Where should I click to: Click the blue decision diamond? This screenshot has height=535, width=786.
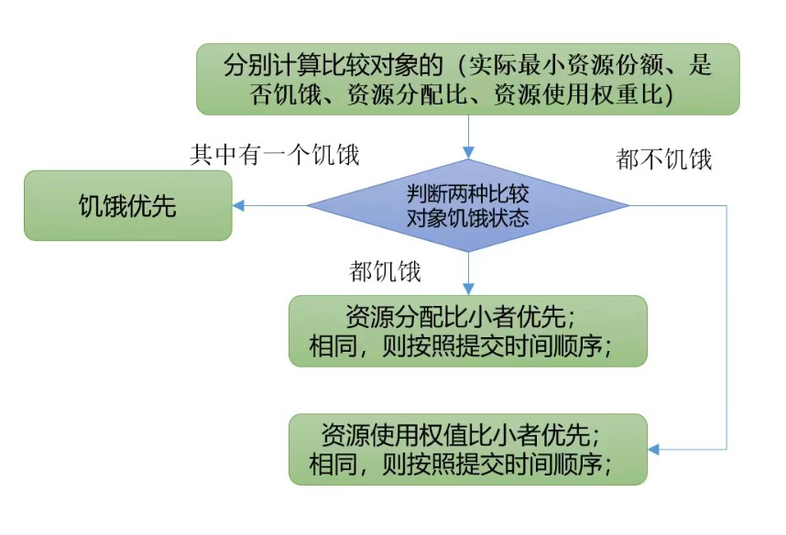[468, 206]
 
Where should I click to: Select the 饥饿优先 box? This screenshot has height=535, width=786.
[127, 206]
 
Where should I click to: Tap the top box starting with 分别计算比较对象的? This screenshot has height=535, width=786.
[468, 80]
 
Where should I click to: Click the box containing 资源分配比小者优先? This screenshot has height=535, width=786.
[468, 331]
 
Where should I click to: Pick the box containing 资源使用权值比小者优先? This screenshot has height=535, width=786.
[468, 449]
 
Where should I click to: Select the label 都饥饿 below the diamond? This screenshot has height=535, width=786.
[385, 271]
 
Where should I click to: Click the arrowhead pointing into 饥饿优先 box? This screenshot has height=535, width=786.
[239, 206]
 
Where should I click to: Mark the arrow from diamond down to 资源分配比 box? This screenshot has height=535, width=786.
[468, 271]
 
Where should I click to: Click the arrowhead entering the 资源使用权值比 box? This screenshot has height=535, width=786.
[655, 449]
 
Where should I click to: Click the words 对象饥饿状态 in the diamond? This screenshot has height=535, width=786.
[468, 219]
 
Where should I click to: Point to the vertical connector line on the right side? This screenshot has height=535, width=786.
[726, 330]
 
